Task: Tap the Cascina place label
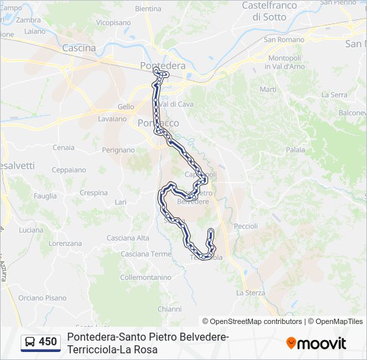(79, 48)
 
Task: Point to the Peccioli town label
(246, 226)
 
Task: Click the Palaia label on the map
(295, 150)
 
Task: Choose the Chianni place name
(169, 309)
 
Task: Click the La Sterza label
(250, 293)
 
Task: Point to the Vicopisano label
(113, 22)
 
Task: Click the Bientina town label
(147, 9)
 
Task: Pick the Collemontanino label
(146, 277)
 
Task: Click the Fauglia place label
(45, 196)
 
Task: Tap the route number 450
(48, 342)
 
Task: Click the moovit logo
(316, 343)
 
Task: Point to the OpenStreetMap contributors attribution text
(252, 321)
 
